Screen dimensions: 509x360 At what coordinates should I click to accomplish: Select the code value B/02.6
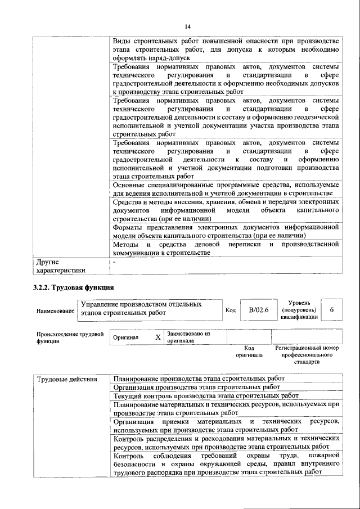click(x=259, y=310)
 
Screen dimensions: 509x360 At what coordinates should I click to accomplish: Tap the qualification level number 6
click(x=332, y=310)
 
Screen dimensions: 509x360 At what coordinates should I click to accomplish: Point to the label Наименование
click(x=55, y=310)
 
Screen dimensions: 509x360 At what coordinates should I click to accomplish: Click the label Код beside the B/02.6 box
click(x=231, y=310)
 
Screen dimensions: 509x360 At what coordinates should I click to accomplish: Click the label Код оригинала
click(x=249, y=352)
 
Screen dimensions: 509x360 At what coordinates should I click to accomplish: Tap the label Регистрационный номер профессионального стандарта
click(x=307, y=356)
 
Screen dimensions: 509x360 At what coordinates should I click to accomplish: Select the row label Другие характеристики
click(x=58, y=265)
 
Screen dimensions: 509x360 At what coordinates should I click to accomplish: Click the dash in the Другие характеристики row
click(x=114, y=262)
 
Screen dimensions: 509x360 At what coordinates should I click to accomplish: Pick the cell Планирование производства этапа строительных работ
click(x=199, y=379)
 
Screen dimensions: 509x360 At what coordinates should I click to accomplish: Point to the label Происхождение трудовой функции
click(x=70, y=337)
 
